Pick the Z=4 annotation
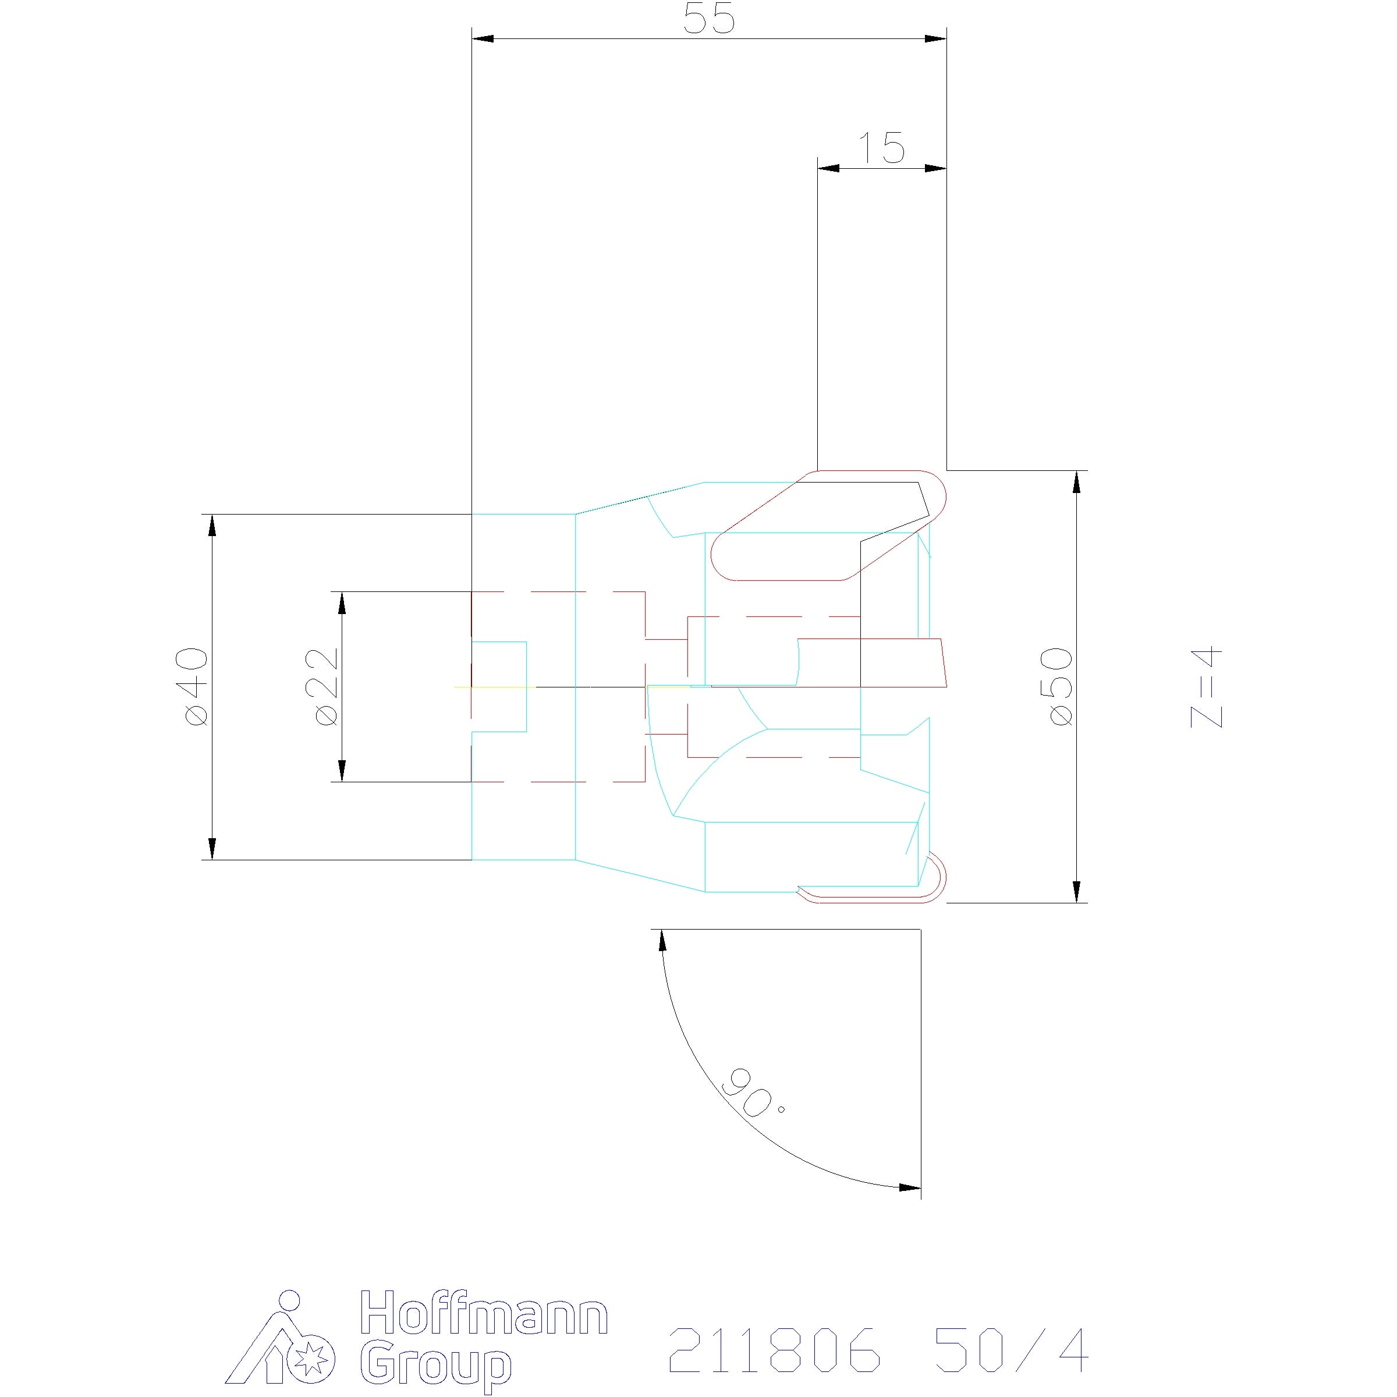(1206, 687)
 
